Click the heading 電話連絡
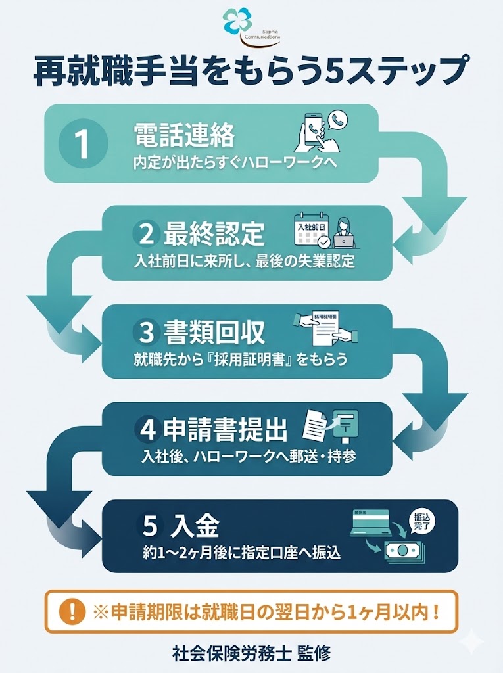[x=183, y=136]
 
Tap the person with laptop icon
[x=347, y=233]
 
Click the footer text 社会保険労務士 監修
[x=251, y=653]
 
